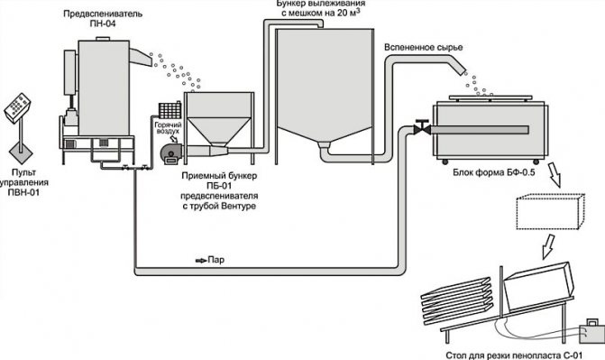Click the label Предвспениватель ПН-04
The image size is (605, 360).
click(x=103, y=19)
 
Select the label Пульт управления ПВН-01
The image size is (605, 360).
click(x=23, y=182)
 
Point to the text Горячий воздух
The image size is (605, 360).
click(x=168, y=128)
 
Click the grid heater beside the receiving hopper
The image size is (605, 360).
click(x=170, y=110)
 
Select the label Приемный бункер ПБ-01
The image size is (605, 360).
click(x=219, y=180)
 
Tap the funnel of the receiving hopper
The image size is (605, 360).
click(x=219, y=132)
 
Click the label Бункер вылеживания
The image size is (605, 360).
click(x=320, y=4)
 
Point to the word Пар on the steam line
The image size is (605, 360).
click(x=216, y=260)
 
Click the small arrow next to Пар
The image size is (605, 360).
click(x=201, y=261)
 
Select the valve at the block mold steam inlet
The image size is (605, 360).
click(x=422, y=127)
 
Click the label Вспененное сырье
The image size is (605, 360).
click(x=423, y=48)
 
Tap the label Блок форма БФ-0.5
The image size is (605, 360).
click(x=494, y=172)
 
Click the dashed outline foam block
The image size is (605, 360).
click(x=550, y=211)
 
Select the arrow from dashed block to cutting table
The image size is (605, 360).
click(x=549, y=245)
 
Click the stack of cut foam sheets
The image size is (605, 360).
click(x=456, y=301)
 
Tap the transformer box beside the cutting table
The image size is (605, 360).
click(x=592, y=331)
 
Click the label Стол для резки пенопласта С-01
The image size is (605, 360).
click(x=514, y=355)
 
